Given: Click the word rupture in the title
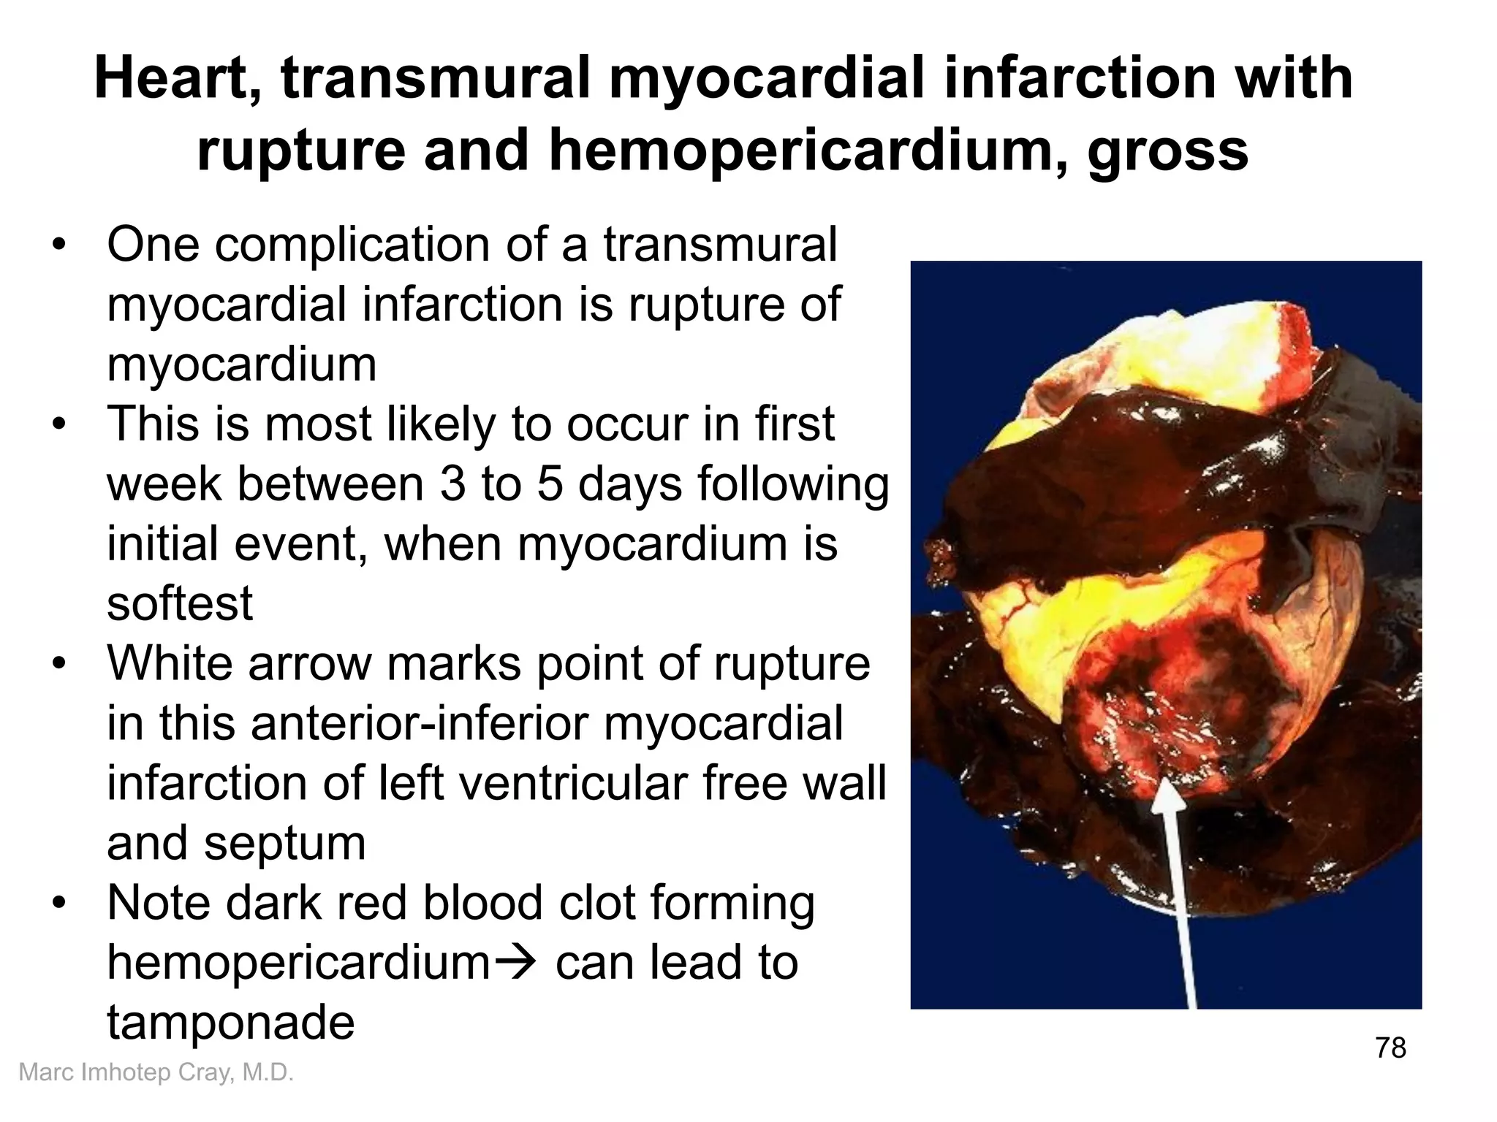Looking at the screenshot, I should click(x=300, y=150).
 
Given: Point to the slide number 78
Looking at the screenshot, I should click(x=1390, y=1047).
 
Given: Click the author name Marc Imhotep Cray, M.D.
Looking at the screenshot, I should click(x=156, y=1072).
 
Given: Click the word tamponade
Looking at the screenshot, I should click(x=231, y=1022).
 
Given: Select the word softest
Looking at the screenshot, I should click(x=180, y=603).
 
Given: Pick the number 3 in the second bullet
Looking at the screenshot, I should click(x=452, y=484).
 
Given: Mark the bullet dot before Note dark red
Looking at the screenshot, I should click(x=59, y=904).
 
